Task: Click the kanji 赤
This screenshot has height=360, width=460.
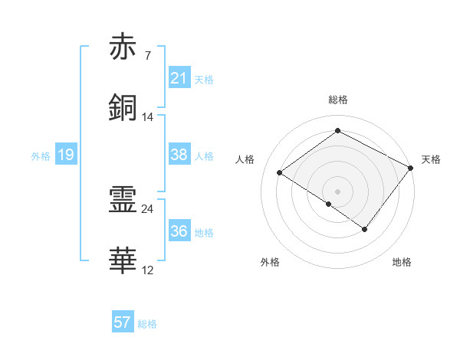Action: point(123,47)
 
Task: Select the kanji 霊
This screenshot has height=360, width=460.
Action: point(123,201)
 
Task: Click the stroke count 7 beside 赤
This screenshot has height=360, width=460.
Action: point(147,56)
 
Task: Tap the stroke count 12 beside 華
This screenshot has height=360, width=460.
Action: point(148,270)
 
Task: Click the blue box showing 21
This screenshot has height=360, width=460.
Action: point(179,78)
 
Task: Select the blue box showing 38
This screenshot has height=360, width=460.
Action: point(179,155)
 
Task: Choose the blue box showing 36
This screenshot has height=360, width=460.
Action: point(179,231)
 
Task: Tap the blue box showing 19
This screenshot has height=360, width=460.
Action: point(65,155)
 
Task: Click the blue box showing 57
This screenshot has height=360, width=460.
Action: point(123,322)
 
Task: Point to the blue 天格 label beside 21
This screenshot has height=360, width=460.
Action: point(204,79)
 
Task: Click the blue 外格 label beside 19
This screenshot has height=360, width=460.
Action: point(41,156)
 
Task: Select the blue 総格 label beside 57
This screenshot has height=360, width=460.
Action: point(147,323)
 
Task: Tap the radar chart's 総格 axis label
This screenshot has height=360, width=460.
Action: point(337,100)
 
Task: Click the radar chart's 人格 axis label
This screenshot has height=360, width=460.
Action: point(245,159)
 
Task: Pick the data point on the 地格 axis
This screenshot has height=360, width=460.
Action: point(365,229)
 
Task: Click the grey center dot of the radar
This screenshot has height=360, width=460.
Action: point(337,190)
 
